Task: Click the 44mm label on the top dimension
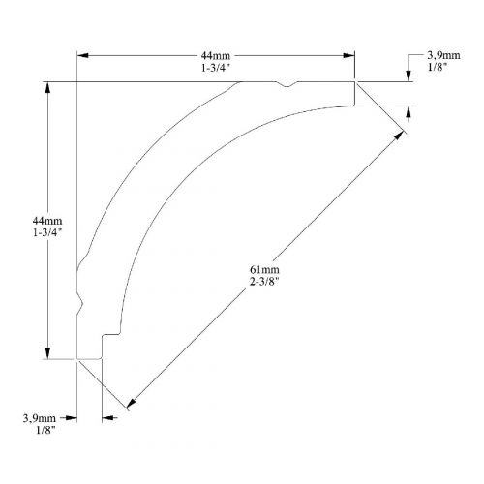point(216,56)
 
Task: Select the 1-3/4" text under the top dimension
point(216,68)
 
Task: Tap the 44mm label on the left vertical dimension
point(47,221)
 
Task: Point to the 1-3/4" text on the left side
point(47,232)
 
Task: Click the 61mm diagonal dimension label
point(264,269)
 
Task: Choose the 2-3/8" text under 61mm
point(264,282)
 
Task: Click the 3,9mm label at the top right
point(443,55)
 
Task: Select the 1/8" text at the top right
point(438,67)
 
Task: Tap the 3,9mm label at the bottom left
point(40,418)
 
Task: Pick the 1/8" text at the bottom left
point(45,431)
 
